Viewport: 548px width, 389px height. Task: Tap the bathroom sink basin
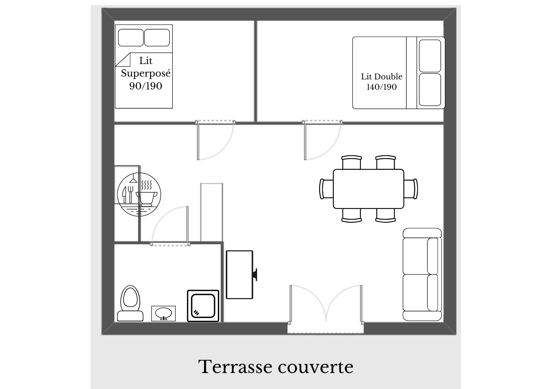[163, 313]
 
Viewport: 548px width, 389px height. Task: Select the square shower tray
[203, 306]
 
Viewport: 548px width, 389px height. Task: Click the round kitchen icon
[139, 194]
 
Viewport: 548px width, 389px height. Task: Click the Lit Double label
[382, 76]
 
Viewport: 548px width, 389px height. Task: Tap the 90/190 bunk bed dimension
[146, 86]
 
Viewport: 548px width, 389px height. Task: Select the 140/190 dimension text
[382, 87]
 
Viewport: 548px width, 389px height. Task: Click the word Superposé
[146, 73]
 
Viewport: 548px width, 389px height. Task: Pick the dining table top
[368, 189]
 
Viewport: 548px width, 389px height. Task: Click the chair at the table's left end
[326, 189]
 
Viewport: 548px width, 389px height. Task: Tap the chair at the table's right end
[411, 189]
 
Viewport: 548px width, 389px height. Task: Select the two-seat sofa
[422, 274]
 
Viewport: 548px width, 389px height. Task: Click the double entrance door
[326, 304]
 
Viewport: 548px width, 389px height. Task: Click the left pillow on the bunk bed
[131, 38]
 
